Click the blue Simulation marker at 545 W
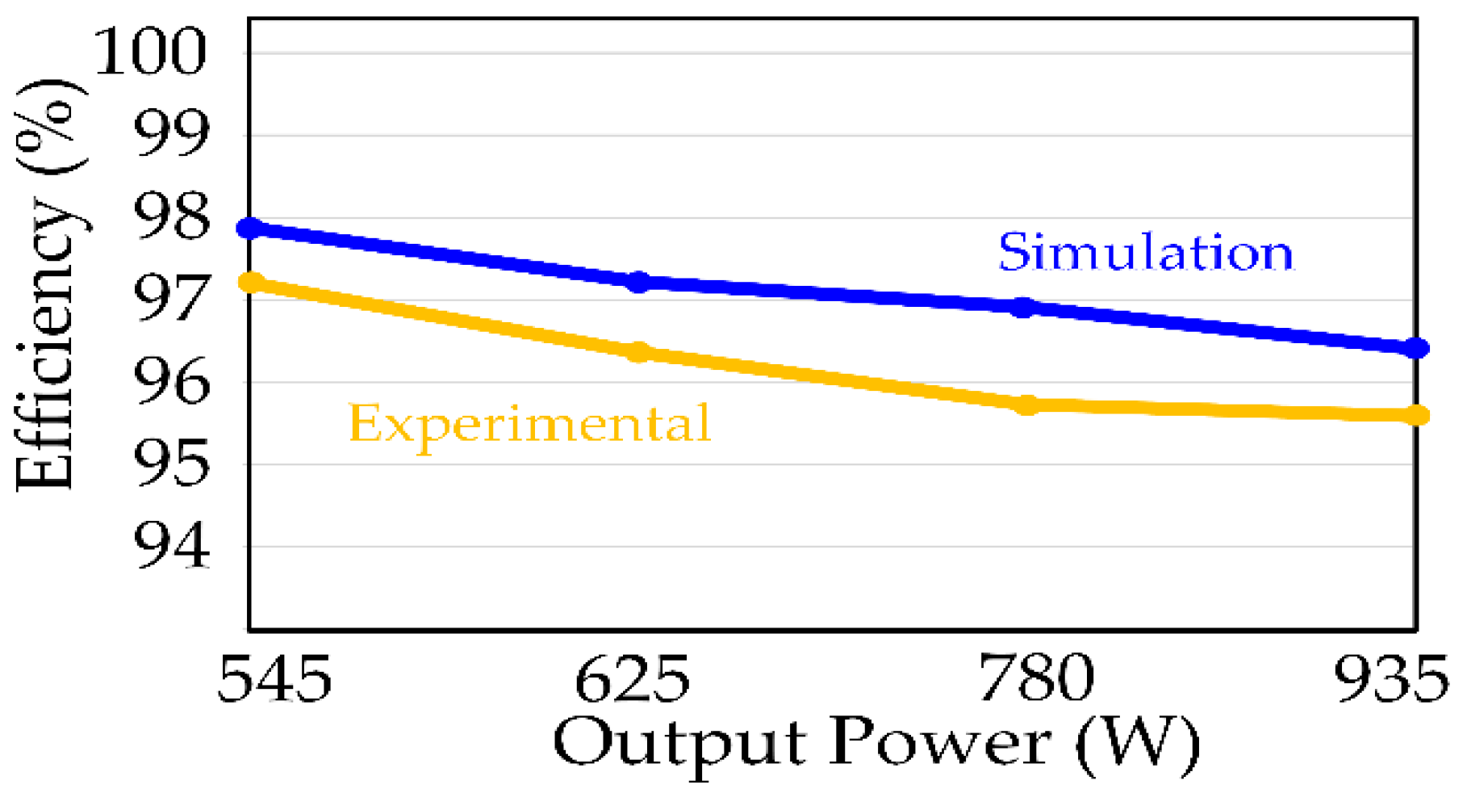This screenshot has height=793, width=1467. pyautogui.click(x=251, y=228)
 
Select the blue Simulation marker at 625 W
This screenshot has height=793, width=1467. pyautogui.click(x=638, y=282)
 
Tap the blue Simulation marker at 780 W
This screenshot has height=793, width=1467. pyautogui.click(x=1023, y=307)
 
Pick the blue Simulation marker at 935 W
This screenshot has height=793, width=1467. pyautogui.click(x=1416, y=348)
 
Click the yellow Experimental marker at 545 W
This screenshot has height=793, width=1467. pyautogui.click(x=252, y=282)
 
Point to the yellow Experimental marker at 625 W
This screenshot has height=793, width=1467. pyautogui.click(x=638, y=352)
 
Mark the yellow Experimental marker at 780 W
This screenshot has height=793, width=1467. pyautogui.click(x=1026, y=405)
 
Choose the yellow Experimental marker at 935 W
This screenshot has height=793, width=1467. pyautogui.click(x=1417, y=415)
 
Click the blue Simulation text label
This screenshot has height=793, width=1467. pyautogui.click(x=1146, y=252)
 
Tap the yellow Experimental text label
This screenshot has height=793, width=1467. pyautogui.click(x=529, y=423)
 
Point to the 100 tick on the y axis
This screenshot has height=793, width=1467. pyautogui.click(x=151, y=52)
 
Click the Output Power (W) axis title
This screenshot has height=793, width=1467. pyautogui.click(x=876, y=743)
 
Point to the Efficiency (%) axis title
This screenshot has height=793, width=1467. pyautogui.click(x=48, y=284)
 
